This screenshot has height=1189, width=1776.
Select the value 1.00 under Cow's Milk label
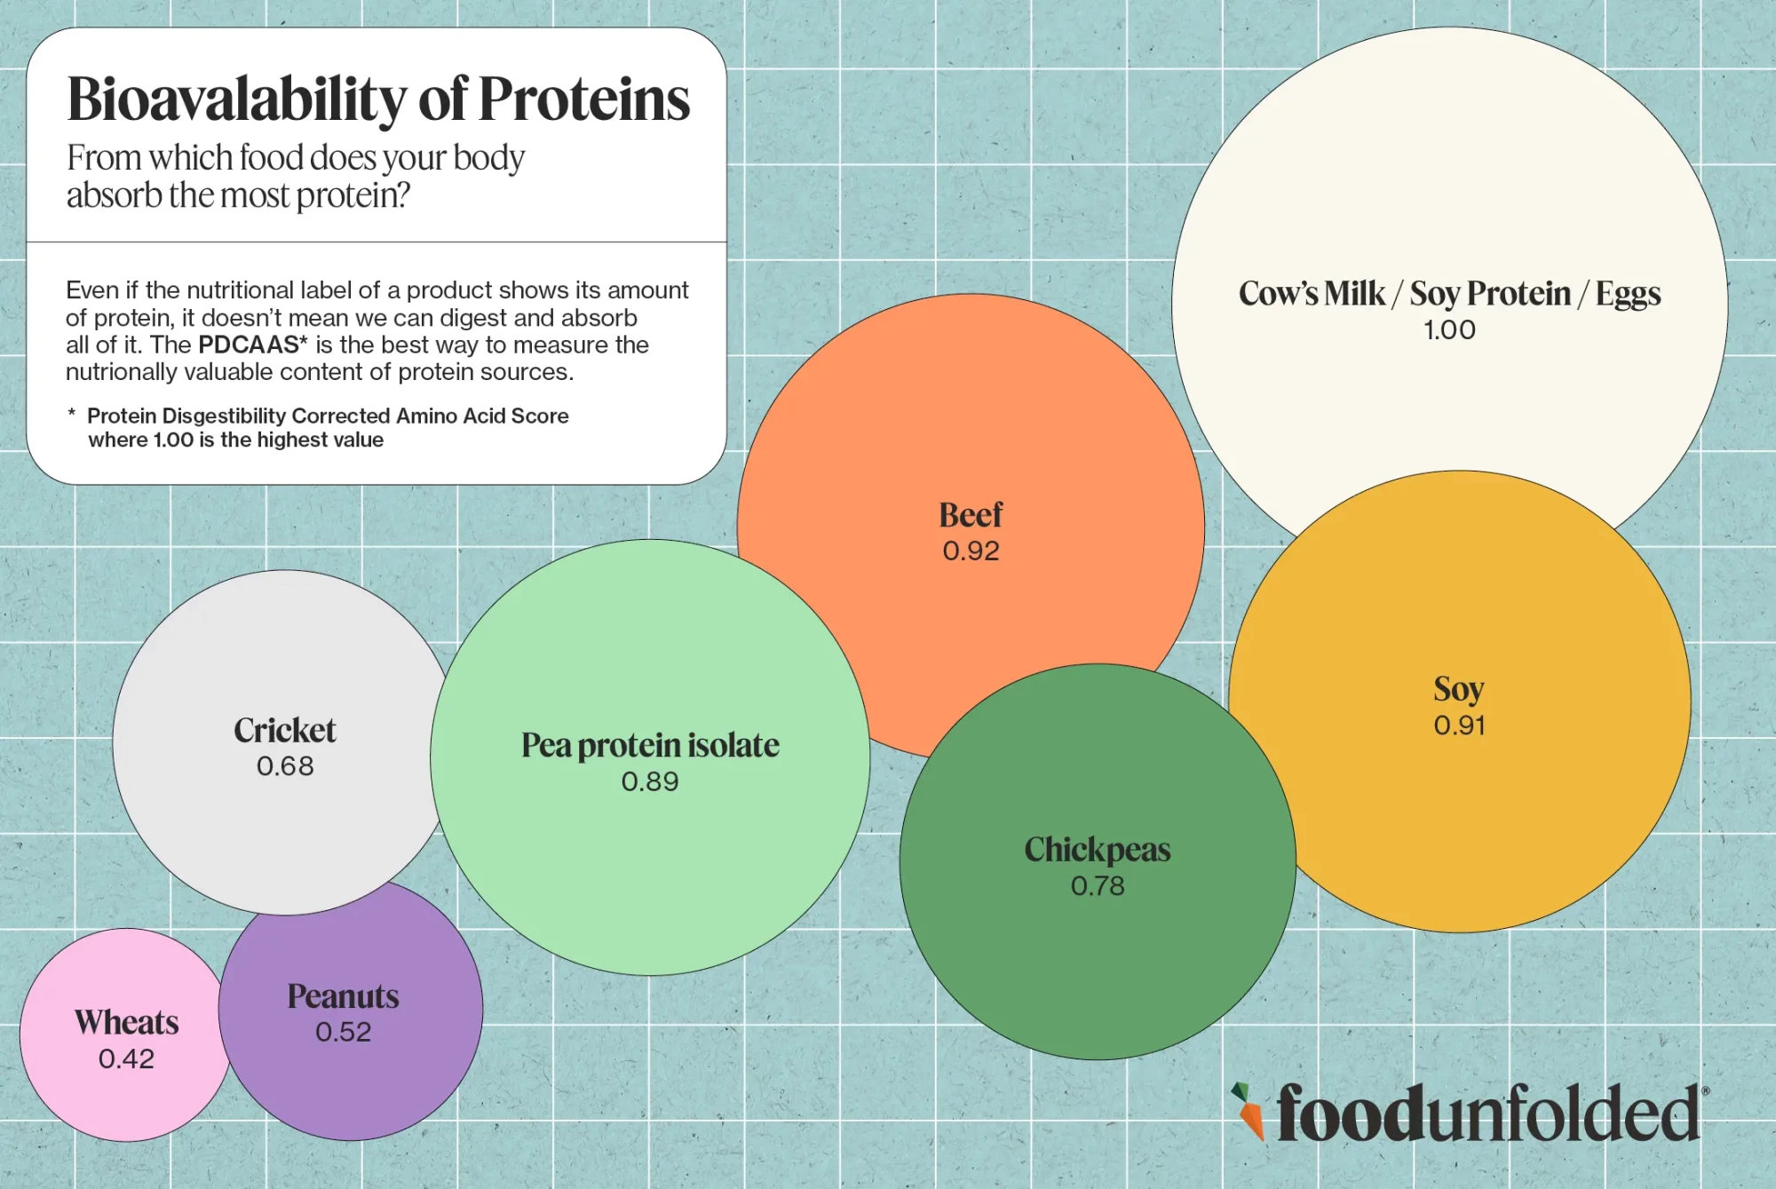click(x=1449, y=330)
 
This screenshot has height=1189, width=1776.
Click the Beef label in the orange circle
click(x=971, y=515)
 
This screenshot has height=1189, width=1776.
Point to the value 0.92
click(x=971, y=551)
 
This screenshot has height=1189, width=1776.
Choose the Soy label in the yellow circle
click(x=1458, y=689)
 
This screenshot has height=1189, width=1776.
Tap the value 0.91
click(x=1459, y=725)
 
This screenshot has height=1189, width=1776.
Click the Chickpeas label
click(x=1098, y=850)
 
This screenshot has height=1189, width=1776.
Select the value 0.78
click(x=1098, y=886)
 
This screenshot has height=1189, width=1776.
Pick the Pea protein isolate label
click(x=650, y=746)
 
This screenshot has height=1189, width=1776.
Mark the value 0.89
click(x=650, y=782)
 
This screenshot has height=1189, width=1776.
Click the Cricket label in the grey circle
click(x=285, y=731)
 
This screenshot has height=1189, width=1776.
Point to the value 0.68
click(x=285, y=766)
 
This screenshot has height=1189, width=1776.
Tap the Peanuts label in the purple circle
click(x=344, y=996)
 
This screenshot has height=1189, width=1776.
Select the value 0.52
click(x=344, y=1033)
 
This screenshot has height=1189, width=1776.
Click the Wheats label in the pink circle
click(x=127, y=1023)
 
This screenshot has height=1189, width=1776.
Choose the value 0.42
click(x=127, y=1059)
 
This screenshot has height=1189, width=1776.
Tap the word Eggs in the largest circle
click(x=1628, y=294)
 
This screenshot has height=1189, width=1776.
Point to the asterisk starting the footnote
click(x=71, y=414)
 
